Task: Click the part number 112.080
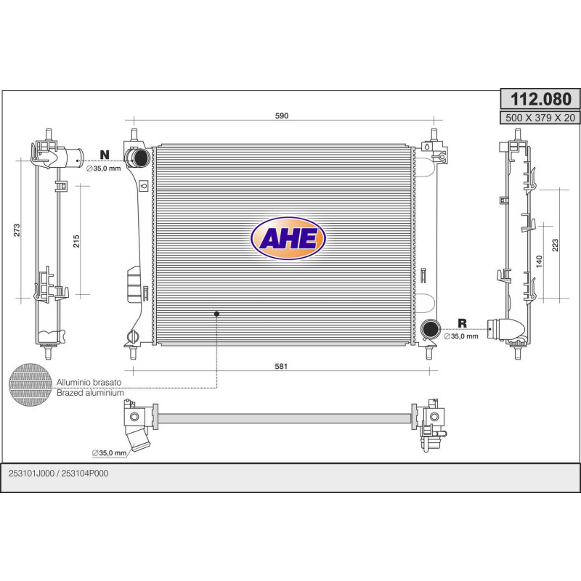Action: tap(540, 99)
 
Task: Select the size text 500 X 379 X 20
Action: tap(540, 118)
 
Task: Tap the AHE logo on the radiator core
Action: tap(288, 238)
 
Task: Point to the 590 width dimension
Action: tap(282, 115)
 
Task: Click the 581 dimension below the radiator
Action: tap(281, 366)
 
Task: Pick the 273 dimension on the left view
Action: tap(17, 230)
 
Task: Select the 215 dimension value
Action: tap(76, 241)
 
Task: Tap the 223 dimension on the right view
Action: tap(555, 245)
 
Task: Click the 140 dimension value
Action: tap(539, 261)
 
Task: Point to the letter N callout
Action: tap(105, 155)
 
